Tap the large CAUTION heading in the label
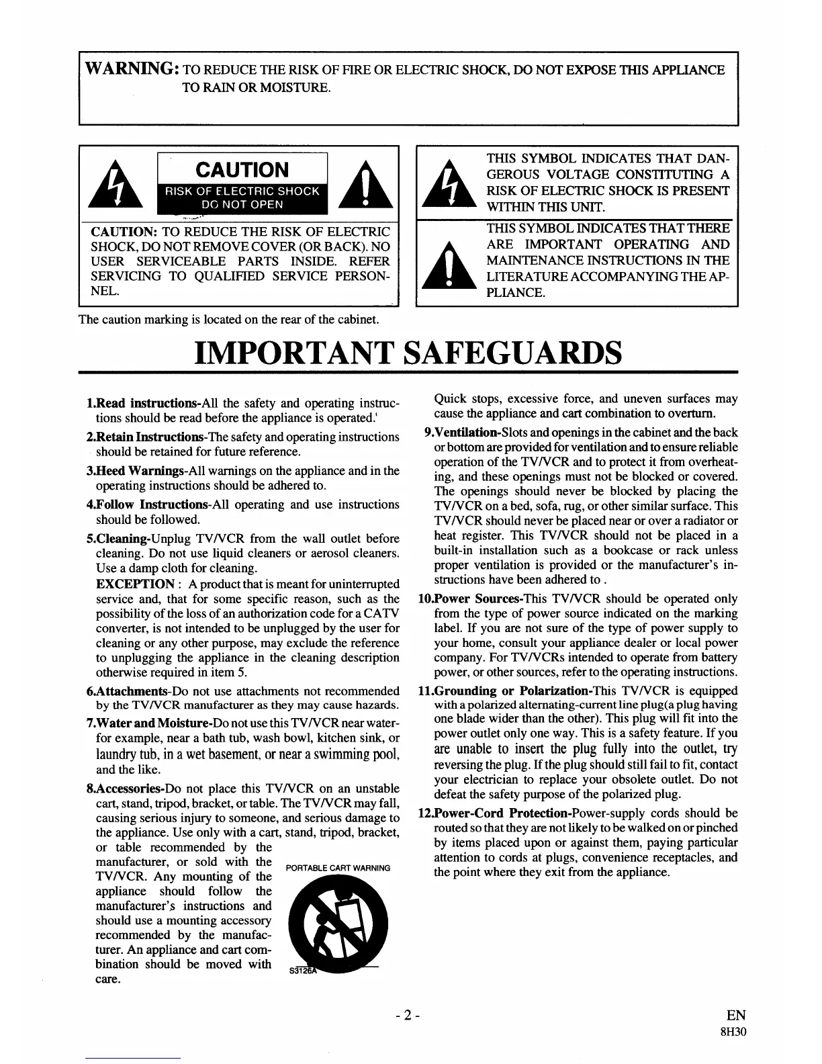click(242, 169)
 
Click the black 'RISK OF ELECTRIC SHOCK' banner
click(242, 197)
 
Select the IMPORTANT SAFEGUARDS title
click(408, 351)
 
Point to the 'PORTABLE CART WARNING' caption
click(338, 868)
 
